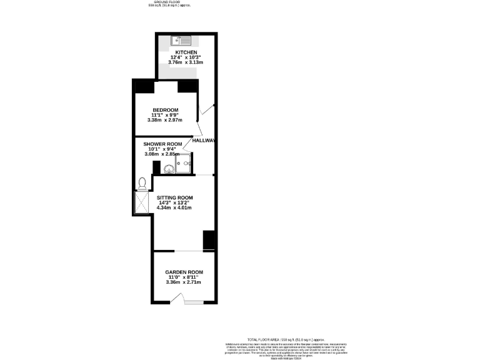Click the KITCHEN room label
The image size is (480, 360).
coord(186,52)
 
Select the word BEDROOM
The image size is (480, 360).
coord(166,110)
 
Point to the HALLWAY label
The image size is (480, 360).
coord(204,141)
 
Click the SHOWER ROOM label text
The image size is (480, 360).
coord(162,144)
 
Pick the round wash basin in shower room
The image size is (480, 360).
coord(169,167)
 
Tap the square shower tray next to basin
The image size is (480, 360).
coord(184,166)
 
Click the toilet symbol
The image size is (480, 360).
coord(142,182)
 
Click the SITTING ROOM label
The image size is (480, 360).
coord(174,197)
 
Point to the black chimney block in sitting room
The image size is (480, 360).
coord(209,240)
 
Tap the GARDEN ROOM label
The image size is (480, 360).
coord(184,272)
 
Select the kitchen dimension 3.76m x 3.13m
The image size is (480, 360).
coord(186,63)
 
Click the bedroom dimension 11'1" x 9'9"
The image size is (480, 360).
coord(166,115)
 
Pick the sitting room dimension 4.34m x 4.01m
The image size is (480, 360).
coord(174,207)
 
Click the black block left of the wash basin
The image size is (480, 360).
coord(156,167)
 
